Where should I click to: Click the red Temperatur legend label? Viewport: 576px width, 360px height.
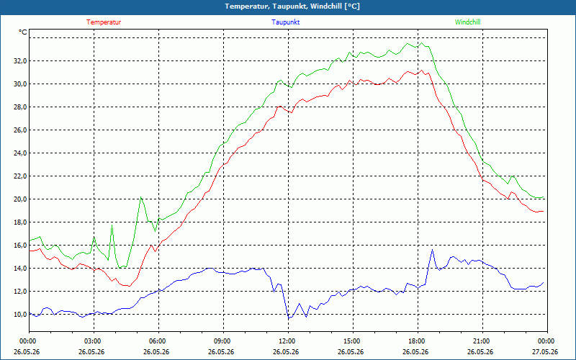[104, 22]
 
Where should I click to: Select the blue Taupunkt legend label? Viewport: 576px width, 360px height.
[285, 22]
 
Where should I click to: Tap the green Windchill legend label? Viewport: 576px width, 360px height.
[467, 22]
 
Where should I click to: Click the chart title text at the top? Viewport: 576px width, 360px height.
[292, 6]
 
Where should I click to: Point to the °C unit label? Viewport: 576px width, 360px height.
[23, 32]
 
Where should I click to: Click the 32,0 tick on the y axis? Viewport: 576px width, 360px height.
[20, 61]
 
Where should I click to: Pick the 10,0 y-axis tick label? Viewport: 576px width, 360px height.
[20, 315]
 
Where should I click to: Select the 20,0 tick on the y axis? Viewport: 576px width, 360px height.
[20, 199]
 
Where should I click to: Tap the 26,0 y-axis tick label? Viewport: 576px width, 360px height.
[20, 130]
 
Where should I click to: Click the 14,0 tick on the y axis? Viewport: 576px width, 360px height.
[20, 268]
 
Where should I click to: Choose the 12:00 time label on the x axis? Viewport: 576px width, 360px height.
[289, 341]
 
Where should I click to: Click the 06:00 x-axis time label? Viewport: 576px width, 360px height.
[158, 341]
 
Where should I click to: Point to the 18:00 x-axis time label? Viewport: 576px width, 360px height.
[418, 341]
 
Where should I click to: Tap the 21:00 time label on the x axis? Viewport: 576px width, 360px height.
[482, 341]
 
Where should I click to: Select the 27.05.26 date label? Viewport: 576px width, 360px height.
[545, 352]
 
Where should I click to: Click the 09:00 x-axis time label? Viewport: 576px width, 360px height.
[223, 341]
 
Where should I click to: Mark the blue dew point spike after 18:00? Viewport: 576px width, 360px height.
[433, 250]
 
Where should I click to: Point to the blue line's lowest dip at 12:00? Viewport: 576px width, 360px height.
[289, 318]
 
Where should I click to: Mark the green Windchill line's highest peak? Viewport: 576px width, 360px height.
[422, 43]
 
